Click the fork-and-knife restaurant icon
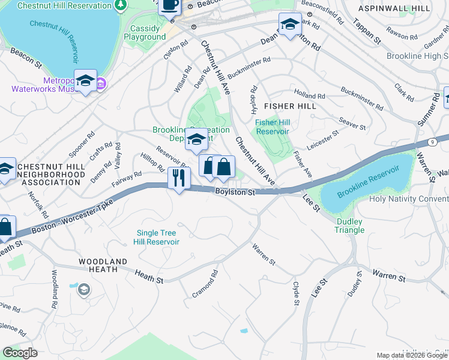[179, 178]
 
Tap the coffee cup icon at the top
[169, 5]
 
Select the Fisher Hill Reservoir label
[272, 127]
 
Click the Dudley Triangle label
[349, 226]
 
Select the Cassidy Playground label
[145, 32]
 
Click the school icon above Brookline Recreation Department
[196, 139]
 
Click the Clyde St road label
[295, 293]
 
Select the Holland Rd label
[310, 94]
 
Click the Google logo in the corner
[20, 353]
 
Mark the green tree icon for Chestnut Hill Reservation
[121, 5]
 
